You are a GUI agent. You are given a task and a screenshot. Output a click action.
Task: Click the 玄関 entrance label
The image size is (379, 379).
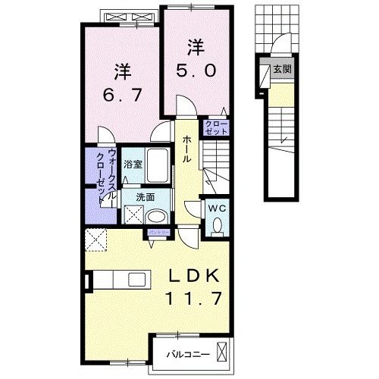[282, 70]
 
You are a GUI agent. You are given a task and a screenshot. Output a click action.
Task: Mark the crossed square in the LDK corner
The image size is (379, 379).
[96, 241]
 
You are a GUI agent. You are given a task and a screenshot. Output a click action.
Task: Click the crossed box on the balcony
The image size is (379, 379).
[222, 352]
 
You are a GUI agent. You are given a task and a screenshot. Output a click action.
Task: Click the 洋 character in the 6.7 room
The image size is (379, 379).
[123, 72]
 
